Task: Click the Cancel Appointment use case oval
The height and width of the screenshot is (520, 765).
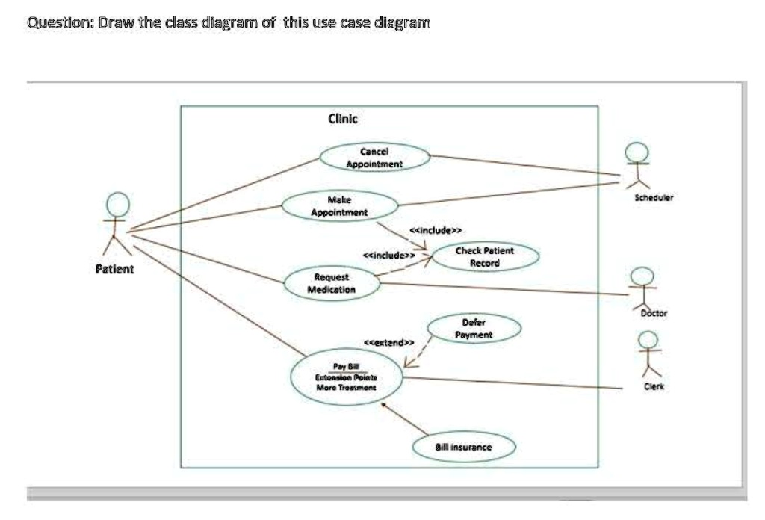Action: (x=375, y=158)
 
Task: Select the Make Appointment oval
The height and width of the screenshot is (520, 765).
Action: (x=339, y=206)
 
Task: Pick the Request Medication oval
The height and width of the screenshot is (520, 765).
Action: (x=332, y=283)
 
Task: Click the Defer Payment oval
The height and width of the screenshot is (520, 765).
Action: (x=474, y=329)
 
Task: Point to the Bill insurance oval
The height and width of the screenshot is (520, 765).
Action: (x=464, y=447)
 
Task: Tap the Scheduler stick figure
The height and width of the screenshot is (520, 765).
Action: (x=637, y=166)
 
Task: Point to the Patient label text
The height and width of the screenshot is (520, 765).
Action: (x=115, y=269)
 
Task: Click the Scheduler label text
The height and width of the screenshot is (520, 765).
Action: (x=654, y=199)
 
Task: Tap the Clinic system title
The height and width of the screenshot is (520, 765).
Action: (x=343, y=118)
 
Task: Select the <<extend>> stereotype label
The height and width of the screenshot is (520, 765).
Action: (x=388, y=342)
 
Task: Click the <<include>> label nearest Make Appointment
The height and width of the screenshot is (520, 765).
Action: (x=436, y=229)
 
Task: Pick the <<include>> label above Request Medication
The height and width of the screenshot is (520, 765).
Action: (x=388, y=256)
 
